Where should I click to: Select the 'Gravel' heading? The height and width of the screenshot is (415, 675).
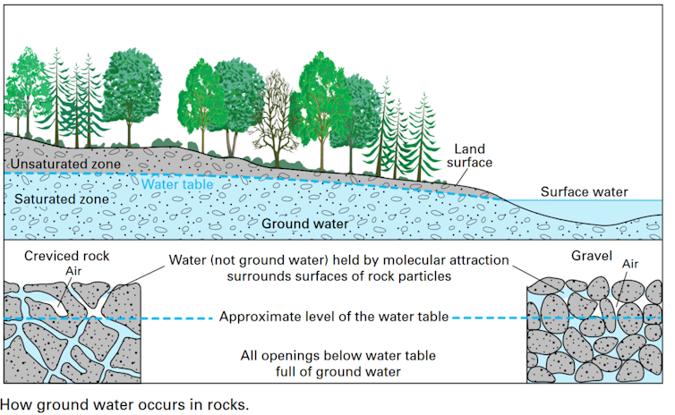591,256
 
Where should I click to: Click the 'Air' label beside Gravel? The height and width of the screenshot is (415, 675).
632,265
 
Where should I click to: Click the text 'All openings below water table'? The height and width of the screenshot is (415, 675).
338,356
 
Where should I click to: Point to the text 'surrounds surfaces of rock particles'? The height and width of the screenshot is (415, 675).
338,276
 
